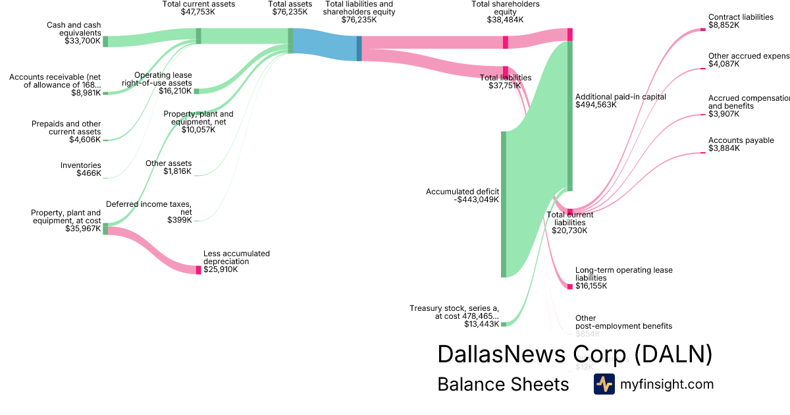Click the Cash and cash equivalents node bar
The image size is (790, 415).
click(105, 41)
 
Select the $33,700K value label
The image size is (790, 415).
click(82, 41)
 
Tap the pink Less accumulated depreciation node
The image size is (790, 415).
click(198, 269)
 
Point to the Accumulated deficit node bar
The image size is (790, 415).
click(504, 204)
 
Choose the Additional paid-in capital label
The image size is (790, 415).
click(620, 97)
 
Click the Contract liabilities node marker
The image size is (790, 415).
click(702, 30)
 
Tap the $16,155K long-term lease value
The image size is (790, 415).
click(591, 286)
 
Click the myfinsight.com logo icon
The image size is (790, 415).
click(604, 384)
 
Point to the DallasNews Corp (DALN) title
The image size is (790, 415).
click(574, 354)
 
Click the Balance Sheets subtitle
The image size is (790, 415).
click(503, 384)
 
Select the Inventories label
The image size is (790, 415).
click(81, 165)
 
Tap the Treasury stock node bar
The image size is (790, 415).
click(504, 323)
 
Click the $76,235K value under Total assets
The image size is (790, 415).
click(290, 12)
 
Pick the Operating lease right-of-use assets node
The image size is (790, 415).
click(196, 91)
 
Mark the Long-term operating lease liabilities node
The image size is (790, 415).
click(570, 287)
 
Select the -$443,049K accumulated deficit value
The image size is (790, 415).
click(477, 200)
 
